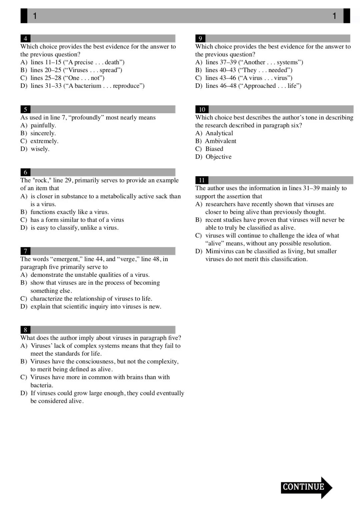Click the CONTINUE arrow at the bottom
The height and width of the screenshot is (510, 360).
pyautogui.click(x=306, y=487)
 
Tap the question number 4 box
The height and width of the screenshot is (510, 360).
pyautogui.click(x=25, y=38)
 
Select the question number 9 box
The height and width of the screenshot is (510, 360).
pyautogui.click(x=200, y=38)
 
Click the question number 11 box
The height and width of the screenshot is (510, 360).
pyautogui.click(x=202, y=180)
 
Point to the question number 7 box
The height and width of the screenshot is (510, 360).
pyautogui.click(x=25, y=251)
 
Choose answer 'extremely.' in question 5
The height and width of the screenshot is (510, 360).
pyautogui.click(x=44, y=141)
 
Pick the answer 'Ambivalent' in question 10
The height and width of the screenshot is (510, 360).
pyautogui.click(x=220, y=141)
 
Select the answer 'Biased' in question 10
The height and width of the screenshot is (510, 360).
pyautogui.click(x=214, y=149)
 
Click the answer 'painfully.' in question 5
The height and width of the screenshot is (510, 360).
pyautogui.click(x=43, y=125)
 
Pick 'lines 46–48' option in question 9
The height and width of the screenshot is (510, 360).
pyautogui.click(x=221, y=86)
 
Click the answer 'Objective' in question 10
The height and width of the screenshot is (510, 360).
pyautogui.click(x=218, y=157)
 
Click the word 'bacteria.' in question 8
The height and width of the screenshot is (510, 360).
pyautogui.click(x=42, y=385)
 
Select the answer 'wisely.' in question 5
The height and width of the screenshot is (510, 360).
pyautogui.click(x=40, y=149)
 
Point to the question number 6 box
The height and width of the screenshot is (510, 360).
pyautogui.click(x=25, y=172)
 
